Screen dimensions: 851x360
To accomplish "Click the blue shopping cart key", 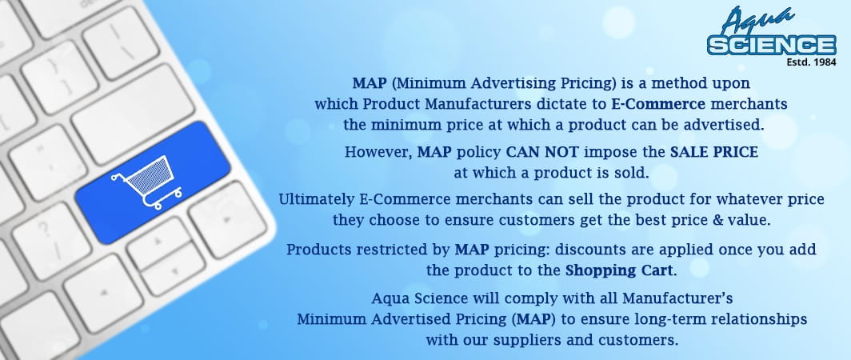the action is tap(153, 182).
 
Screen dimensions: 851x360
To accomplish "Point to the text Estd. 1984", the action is tap(811, 62).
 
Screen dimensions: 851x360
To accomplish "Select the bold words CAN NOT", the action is tap(543, 152).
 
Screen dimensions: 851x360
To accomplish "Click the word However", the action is tap(378, 153).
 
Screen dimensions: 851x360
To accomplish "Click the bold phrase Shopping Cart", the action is tap(619, 271).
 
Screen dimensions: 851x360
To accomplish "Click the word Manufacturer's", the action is tap(678, 298).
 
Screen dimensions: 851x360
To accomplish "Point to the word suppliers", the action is tap(524, 342).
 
